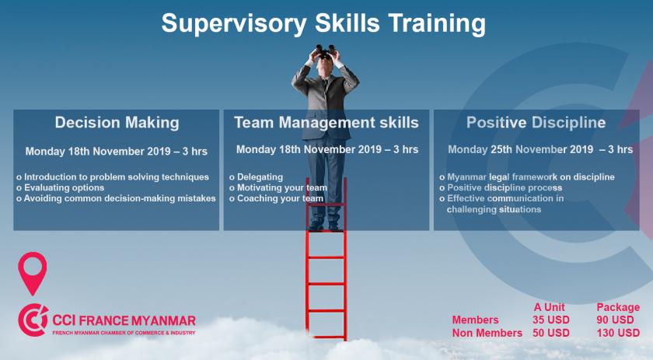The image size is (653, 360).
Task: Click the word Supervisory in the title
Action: [234, 23]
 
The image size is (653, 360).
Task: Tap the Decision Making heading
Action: [117, 123]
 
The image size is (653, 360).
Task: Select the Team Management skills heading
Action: [326, 123]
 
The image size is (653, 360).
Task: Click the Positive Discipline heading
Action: [536, 123]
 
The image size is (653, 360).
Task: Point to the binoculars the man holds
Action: [325, 51]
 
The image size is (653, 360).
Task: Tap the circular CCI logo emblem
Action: [33, 320]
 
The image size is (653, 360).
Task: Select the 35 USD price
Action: [550, 320]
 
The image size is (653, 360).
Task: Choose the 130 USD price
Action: [617, 333]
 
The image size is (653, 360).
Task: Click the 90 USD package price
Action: [615, 320]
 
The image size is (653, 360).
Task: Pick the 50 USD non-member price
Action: [550, 333]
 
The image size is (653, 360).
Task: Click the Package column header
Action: [618, 307]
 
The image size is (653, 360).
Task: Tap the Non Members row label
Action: [487, 333]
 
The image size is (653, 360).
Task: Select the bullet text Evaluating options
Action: [64, 187]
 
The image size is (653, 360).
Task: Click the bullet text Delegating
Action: [260, 177]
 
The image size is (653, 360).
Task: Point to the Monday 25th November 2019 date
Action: [521, 149]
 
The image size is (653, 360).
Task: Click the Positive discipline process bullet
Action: [505, 187]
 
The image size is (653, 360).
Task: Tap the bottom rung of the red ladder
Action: [326, 337]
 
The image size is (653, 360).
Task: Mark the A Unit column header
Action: [550, 307]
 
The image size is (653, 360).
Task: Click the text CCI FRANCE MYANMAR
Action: [124, 320]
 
